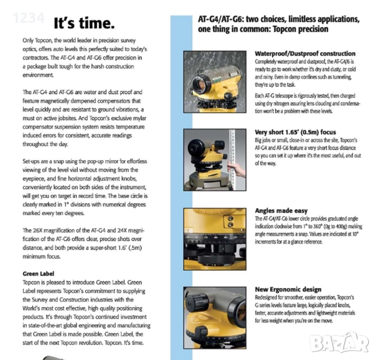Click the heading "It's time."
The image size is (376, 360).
tap(83, 24)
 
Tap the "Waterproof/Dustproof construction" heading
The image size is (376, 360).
tap(305, 53)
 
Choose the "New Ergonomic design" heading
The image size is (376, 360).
tap(288, 289)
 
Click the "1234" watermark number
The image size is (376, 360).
tap(25, 18)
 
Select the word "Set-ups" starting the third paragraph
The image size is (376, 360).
tap(34, 162)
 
